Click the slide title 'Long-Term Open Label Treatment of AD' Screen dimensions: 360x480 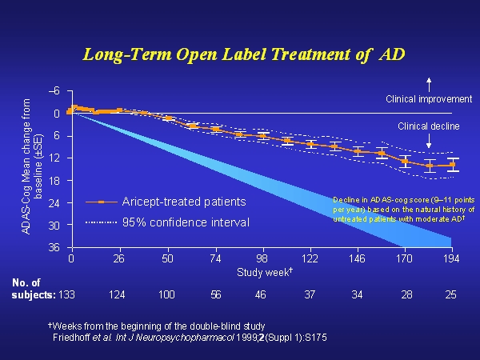tap(245, 54)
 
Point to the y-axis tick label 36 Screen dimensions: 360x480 tap(55, 248)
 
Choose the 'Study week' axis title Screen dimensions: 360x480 tap(262, 271)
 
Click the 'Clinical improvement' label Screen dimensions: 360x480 tap(428, 99)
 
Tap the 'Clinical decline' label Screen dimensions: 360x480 tap(428, 126)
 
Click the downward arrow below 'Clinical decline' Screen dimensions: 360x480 tap(429, 141)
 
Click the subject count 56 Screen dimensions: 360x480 tap(214, 296)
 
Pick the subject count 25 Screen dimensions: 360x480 tap(451, 296)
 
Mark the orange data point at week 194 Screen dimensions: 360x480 tap(452, 165)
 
